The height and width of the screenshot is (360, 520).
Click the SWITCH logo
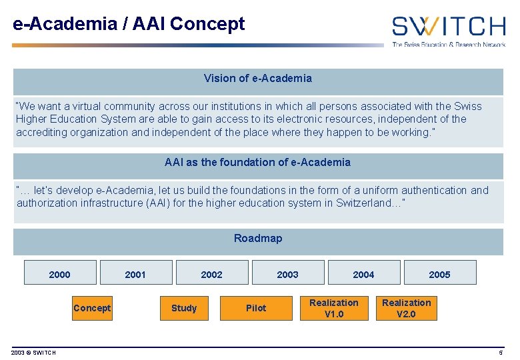click(448, 27)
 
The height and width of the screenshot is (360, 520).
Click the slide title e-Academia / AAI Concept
click(129, 25)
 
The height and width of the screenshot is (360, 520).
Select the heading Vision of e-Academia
click(258, 79)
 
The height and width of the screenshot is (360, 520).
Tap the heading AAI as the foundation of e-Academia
click(258, 163)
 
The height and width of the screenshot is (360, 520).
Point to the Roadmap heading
click(258, 239)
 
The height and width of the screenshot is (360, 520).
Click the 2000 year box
click(60, 273)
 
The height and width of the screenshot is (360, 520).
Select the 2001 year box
click(135, 273)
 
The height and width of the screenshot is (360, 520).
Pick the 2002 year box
click(212, 273)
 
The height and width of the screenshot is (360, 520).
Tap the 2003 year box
click(288, 273)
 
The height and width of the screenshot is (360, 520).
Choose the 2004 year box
click(363, 273)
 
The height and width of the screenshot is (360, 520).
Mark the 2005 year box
click(439, 273)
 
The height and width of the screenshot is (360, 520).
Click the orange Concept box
click(92, 308)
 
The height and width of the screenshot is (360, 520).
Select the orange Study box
click(184, 308)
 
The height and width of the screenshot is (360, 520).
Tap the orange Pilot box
click(256, 308)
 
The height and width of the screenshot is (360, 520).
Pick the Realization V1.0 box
click(334, 308)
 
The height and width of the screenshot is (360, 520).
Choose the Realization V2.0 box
click(406, 308)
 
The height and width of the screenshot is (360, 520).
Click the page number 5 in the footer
click(501, 353)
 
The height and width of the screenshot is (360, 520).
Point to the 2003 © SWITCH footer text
click(33, 353)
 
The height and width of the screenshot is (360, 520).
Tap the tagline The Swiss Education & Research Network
click(448, 45)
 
